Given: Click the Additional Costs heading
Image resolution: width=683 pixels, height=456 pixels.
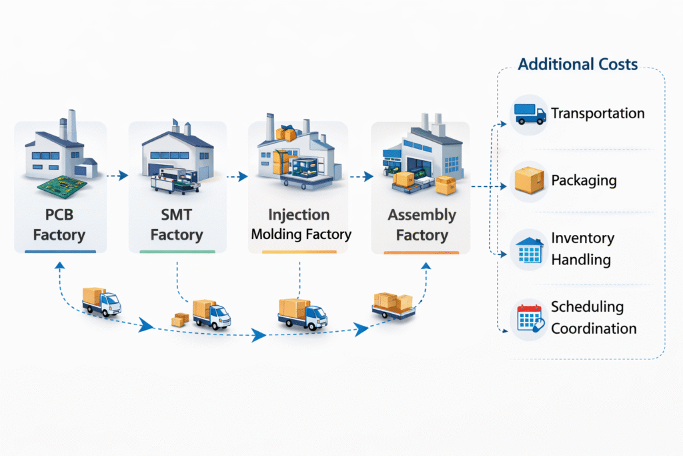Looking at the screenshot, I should point(578,65).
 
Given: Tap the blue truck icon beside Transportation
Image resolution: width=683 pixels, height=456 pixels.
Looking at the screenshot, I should point(530,113).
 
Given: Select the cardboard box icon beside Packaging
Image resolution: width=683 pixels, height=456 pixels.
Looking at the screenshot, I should point(530,181).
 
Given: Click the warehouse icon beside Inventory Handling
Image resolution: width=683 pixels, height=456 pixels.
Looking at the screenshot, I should point(530,249).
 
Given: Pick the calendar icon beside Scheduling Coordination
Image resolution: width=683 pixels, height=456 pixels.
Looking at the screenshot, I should point(530,318).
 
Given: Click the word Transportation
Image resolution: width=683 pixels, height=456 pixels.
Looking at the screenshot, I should point(598,113).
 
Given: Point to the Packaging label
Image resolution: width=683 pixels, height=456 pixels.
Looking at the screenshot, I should point(584,181).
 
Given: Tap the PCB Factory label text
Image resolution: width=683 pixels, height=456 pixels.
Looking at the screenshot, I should point(59,225).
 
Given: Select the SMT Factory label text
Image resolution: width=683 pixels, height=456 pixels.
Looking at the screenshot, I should point(177,225).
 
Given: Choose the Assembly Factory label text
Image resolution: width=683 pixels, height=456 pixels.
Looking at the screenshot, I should point(422,225).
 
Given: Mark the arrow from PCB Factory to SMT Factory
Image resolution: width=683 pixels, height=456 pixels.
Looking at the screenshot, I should point(117,176).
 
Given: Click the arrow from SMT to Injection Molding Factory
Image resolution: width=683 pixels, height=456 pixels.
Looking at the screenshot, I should point(235,177).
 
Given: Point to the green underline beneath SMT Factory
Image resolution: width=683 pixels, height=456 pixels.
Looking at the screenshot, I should point(177,252).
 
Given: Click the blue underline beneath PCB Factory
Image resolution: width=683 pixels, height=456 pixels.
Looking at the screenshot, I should point(60,252).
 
